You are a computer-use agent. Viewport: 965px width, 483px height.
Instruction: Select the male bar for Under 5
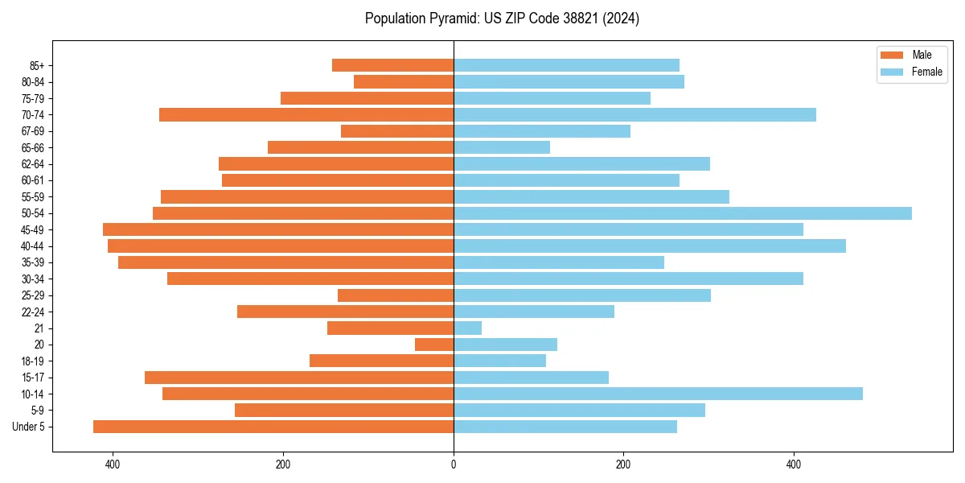point(273,427)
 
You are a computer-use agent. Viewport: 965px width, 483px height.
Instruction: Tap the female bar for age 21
point(467,328)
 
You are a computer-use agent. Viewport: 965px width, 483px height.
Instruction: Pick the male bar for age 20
point(434,345)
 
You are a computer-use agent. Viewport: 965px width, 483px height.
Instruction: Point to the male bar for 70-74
point(306,115)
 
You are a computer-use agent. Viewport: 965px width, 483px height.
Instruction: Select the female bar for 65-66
point(502,147)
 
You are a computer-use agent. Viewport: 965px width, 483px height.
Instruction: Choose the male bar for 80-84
point(404,82)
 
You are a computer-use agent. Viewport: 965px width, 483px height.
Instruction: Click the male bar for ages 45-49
point(278,229)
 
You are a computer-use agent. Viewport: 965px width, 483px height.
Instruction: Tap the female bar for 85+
point(566,65)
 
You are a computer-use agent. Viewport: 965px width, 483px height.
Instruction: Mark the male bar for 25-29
point(396,295)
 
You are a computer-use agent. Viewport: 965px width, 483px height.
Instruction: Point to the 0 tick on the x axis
point(454,464)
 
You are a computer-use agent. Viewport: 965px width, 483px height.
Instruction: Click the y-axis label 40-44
point(33,246)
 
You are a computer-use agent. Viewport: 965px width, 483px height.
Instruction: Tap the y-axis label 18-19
point(33,361)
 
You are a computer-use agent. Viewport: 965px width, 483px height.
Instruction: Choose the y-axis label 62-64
point(33,164)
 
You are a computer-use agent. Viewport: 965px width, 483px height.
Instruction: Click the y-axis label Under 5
point(29,427)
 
